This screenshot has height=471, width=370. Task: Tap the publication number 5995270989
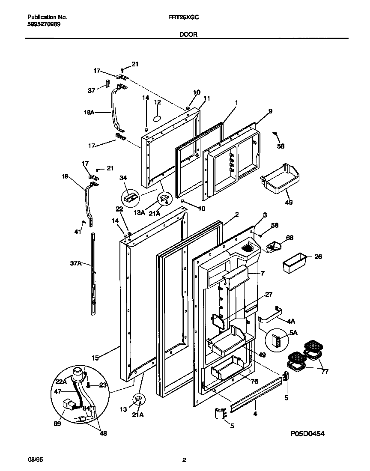coord(44,24)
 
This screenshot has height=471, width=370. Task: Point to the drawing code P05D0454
coord(307,433)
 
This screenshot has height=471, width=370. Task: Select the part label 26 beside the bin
coord(318,257)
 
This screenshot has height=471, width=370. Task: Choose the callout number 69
coord(57,424)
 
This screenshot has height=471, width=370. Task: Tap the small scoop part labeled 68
coord(273,247)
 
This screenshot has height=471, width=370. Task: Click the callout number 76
coord(254,381)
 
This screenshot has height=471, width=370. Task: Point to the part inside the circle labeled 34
coord(130,197)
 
